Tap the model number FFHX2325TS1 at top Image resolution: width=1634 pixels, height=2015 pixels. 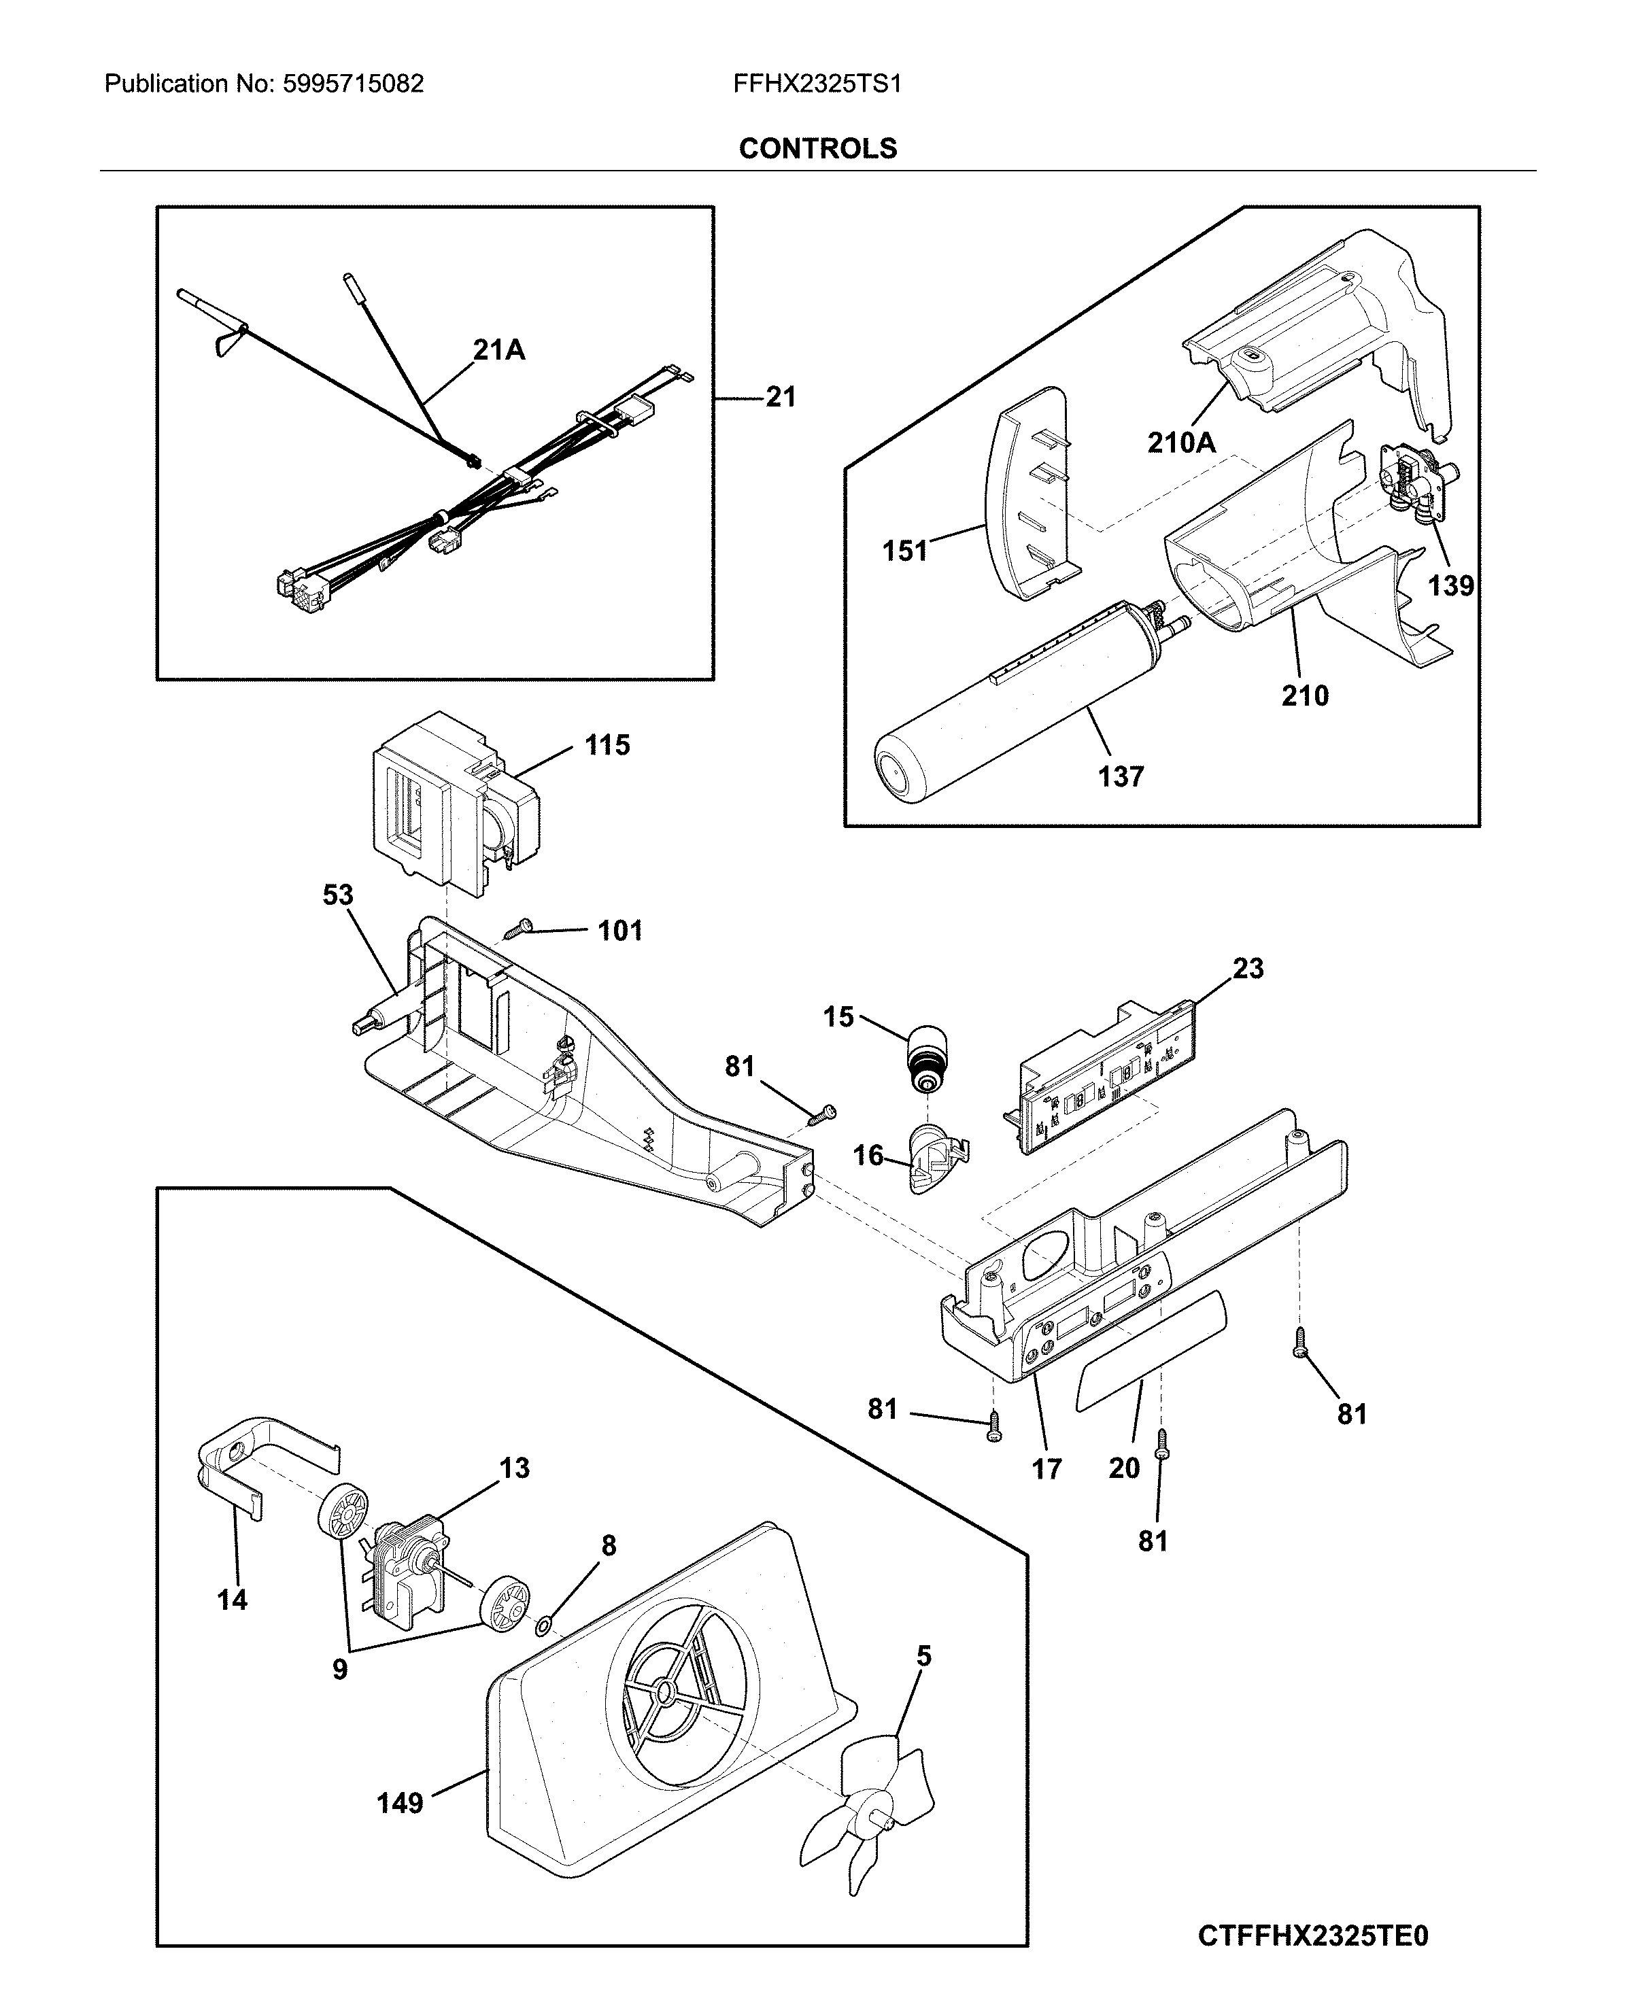[817, 84]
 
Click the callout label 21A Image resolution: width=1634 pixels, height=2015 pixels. [499, 350]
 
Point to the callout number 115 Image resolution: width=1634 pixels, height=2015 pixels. [607, 745]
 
